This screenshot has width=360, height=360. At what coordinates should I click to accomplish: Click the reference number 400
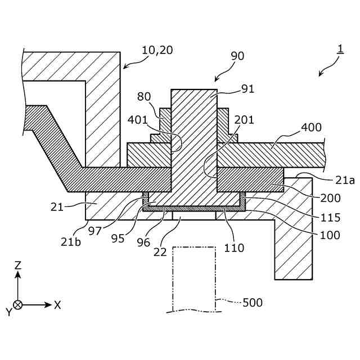tap(311, 128)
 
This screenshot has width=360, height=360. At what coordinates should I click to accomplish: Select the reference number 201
tap(244, 120)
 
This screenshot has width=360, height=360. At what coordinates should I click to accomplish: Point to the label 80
tap(144, 96)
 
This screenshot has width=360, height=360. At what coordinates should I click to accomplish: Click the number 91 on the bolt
tap(247, 88)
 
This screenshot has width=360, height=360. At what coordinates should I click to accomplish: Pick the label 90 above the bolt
tap(238, 56)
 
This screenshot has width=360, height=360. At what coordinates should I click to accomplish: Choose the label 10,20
tap(157, 50)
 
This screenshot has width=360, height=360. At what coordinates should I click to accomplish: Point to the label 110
tap(233, 247)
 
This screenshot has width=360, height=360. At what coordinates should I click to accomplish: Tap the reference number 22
tap(161, 252)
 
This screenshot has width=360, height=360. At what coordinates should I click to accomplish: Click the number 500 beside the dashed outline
tap(253, 303)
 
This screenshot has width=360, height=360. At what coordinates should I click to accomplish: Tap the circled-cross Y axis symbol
tap(18, 305)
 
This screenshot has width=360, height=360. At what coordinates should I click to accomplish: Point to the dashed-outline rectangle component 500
tap(194, 278)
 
